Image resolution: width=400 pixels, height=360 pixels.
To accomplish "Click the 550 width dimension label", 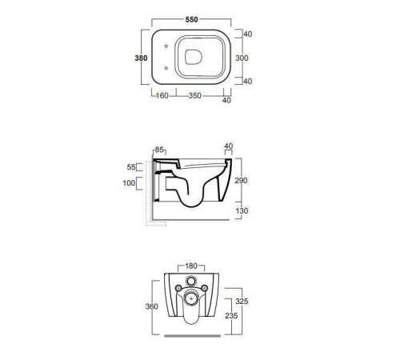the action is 192,19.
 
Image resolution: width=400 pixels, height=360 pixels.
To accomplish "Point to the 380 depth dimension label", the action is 141,58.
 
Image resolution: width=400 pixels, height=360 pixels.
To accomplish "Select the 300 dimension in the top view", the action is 242,58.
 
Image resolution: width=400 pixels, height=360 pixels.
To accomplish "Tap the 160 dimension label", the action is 162,95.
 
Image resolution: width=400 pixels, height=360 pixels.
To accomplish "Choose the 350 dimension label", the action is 194,95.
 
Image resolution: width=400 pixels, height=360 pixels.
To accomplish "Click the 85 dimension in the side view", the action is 159,150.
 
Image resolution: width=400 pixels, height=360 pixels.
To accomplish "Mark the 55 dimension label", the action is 131,167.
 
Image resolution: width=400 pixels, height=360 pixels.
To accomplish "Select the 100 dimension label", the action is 129,183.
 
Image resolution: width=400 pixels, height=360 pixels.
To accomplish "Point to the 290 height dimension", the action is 241,181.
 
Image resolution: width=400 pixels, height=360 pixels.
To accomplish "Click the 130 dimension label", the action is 242,210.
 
